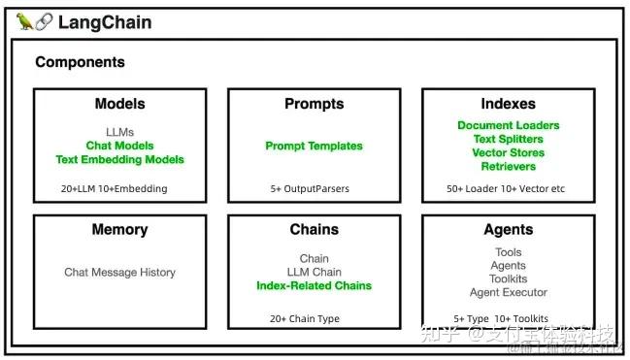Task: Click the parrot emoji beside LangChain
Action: click(x=25, y=21)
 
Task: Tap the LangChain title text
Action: click(x=105, y=21)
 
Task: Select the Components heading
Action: click(x=80, y=62)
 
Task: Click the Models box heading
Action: click(x=119, y=104)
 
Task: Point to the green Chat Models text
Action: click(x=119, y=146)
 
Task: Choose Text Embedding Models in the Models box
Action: click(x=119, y=159)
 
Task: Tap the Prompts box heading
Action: click(x=314, y=104)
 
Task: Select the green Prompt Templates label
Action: click(x=314, y=146)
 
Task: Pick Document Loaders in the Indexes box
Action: click(x=508, y=125)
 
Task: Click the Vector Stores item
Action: click(x=508, y=152)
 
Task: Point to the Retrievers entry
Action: click(x=508, y=166)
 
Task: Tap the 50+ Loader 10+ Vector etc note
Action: click(x=506, y=188)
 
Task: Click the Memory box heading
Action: click(x=119, y=230)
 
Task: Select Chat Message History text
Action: click(x=119, y=273)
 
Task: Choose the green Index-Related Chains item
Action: click(x=314, y=285)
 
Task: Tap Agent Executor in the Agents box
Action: click(x=508, y=292)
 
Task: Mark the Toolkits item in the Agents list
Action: click(x=508, y=278)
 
